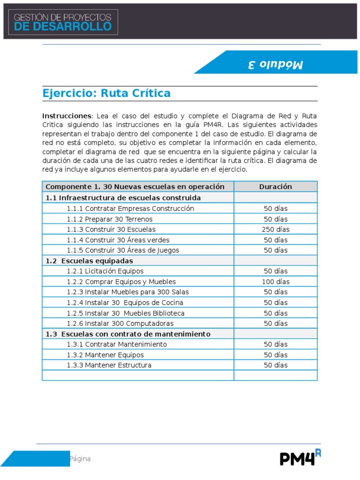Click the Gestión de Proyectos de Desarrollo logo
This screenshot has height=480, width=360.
(63, 22)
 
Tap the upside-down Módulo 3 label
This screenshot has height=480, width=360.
(275, 64)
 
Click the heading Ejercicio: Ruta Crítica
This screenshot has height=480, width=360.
(106, 93)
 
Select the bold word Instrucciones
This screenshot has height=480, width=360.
(67, 116)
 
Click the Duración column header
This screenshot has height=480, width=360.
(275, 187)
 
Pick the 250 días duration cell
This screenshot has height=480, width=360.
(275, 230)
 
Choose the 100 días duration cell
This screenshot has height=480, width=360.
(275, 282)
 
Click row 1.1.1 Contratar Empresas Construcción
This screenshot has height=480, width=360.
(130, 209)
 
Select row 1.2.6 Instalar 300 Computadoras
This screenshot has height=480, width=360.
(120, 323)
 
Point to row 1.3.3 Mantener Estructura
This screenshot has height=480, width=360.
(109, 365)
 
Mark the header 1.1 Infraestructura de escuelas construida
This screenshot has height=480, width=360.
(123, 198)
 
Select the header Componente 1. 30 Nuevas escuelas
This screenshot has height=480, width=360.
(135, 187)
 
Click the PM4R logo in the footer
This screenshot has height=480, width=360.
(300, 458)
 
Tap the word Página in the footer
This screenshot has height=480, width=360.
(80, 459)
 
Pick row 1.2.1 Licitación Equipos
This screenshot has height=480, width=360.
(105, 271)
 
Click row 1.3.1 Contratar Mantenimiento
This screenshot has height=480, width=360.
(117, 344)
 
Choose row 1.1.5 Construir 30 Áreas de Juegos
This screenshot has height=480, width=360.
(122, 250)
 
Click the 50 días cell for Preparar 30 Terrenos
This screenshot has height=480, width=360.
(275, 219)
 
